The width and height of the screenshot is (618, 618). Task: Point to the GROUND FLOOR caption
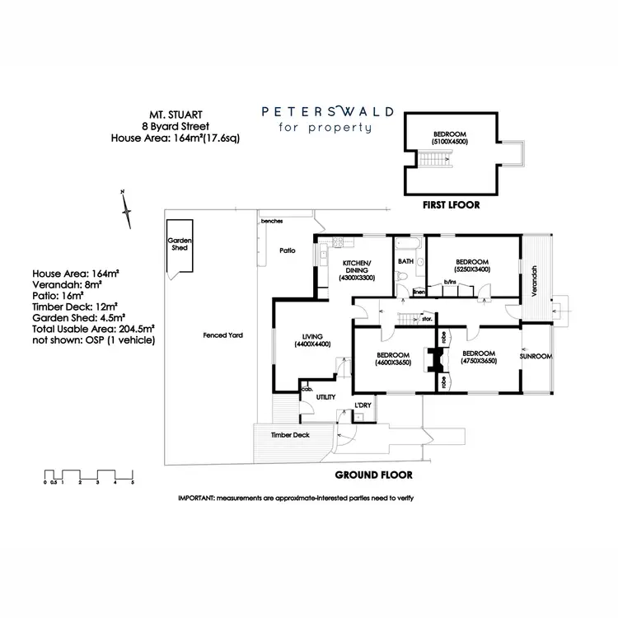click(x=373, y=475)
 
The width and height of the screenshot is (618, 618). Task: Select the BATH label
click(x=405, y=261)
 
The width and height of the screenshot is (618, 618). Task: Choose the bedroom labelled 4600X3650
click(x=394, y=358)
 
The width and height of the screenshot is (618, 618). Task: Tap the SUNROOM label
click(x=536, y=356)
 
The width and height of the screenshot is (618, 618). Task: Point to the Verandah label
click(x=535, y=281)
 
